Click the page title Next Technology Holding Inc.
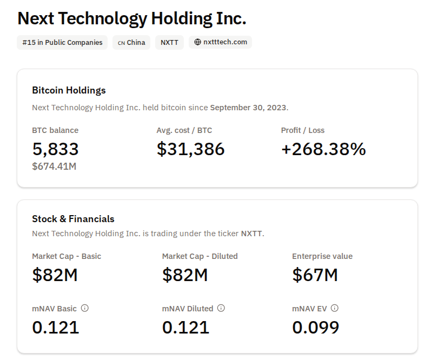tap(132, 18)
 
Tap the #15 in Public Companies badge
tap(62, 42)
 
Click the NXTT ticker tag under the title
tap(170, 42)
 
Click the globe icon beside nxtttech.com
tap(198, 42)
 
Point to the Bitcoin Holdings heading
tap(69, 90)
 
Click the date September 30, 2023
tap(248, 107)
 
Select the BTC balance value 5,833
tap(56, 149)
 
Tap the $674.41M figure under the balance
tap(54, 166)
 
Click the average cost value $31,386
tap(190, 149)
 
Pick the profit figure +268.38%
tap(323, 149)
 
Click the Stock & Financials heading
tap(73, 219)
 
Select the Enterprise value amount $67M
tap(315, 275)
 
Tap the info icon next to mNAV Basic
tap(84, 308)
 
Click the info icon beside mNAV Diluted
tap(221, 308)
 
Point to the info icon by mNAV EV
tap(335, 308)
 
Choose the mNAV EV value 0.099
tap(316, 327)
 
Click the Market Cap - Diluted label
tap(200, 256)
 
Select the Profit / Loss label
tap(303, 130)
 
